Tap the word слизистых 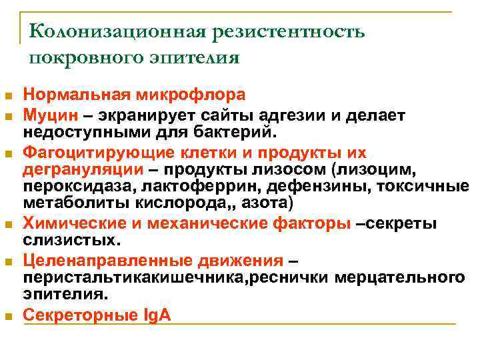[70, 239]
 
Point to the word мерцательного [402, 276]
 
